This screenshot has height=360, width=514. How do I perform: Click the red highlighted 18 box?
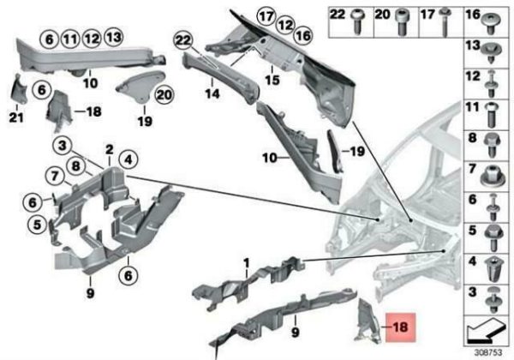(400, 327)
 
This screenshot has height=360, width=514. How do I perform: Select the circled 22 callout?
(183, 40)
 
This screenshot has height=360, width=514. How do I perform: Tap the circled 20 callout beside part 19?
(164, 95)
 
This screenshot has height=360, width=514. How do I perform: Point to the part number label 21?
(16, 117)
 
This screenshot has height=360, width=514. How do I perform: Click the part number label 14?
(212, 93)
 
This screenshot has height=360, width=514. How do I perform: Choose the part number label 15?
(272, 80)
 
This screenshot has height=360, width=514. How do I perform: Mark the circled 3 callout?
(63, 145)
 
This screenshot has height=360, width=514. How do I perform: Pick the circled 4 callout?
(128, 160)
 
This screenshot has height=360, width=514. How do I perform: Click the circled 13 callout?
(113, 37)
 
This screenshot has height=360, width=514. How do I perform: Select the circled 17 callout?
(266, 16)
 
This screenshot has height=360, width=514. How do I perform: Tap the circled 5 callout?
(37, 225)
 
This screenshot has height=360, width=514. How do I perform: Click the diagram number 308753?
(488, 352)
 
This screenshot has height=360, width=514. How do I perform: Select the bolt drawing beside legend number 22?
(357, 21)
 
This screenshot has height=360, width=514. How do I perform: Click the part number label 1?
(246, 263)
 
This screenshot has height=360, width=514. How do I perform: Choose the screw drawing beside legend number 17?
(445, 22)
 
